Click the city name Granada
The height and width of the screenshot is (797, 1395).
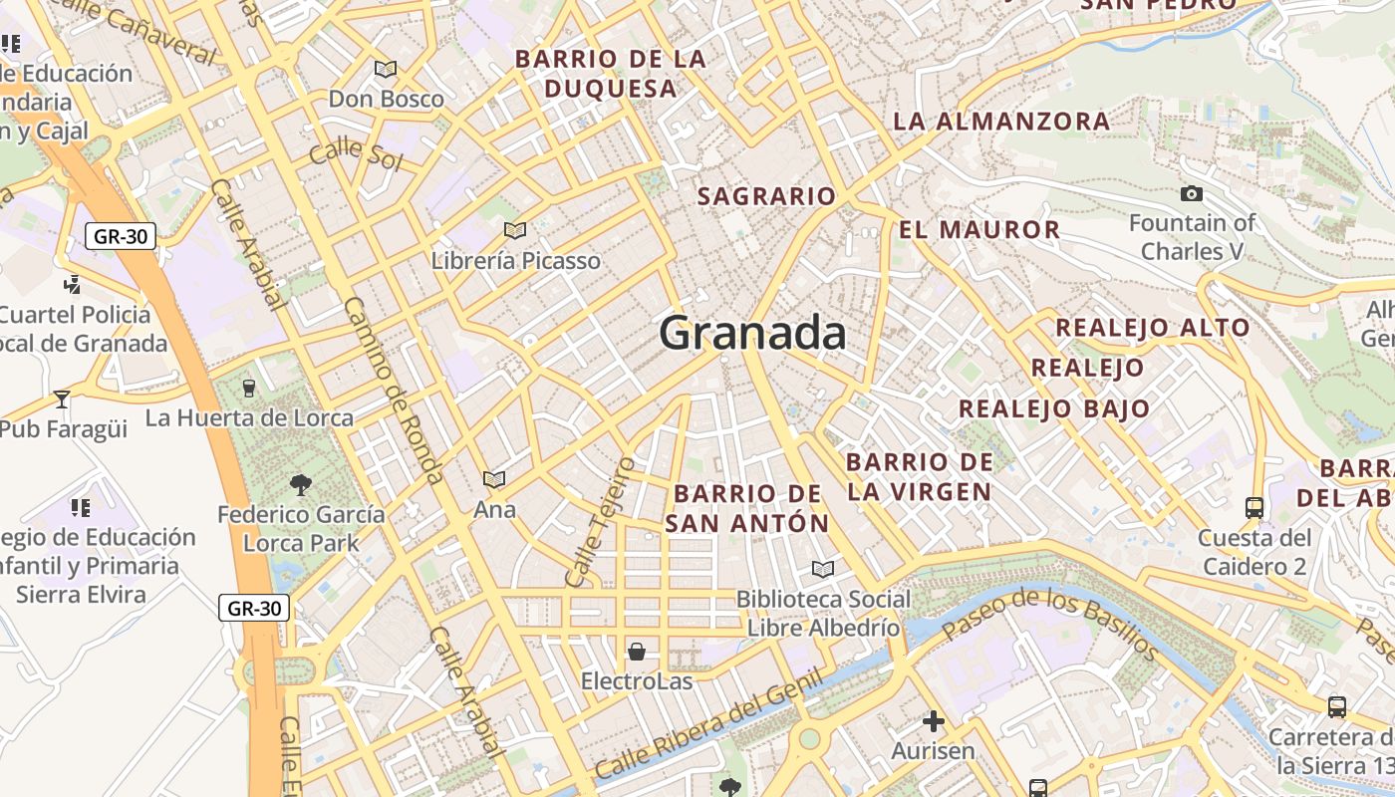[x=752, y=333]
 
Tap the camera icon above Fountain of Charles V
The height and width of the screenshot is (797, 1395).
[x=1191, y=193]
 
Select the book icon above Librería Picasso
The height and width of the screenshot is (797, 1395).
[x=515, y=231]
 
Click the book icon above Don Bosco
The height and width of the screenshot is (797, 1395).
[x=386, y=69]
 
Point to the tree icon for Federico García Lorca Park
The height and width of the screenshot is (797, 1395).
[x=300, y=485]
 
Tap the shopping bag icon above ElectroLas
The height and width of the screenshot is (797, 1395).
[x=637, y=653]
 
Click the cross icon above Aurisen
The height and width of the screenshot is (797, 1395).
[x=933, y=720]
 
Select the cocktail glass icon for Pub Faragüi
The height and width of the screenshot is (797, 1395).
[x=62, y=399]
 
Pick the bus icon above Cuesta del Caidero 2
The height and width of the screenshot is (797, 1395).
[x=1254, y=508]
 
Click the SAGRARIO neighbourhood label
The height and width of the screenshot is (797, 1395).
[x=766, y=196]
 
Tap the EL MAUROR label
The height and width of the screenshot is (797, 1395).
[x=979, y=230]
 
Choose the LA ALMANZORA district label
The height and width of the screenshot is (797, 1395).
[x=1001, y=122]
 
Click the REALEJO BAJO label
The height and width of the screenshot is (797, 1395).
[x=1054, y=408]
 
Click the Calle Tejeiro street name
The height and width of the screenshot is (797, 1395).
[x=599, y=522]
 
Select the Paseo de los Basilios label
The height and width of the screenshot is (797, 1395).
[x=1050, y=625]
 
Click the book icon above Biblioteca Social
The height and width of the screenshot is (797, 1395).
[x=822, y=569]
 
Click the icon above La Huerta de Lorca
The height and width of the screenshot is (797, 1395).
[x=249, y=388]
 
